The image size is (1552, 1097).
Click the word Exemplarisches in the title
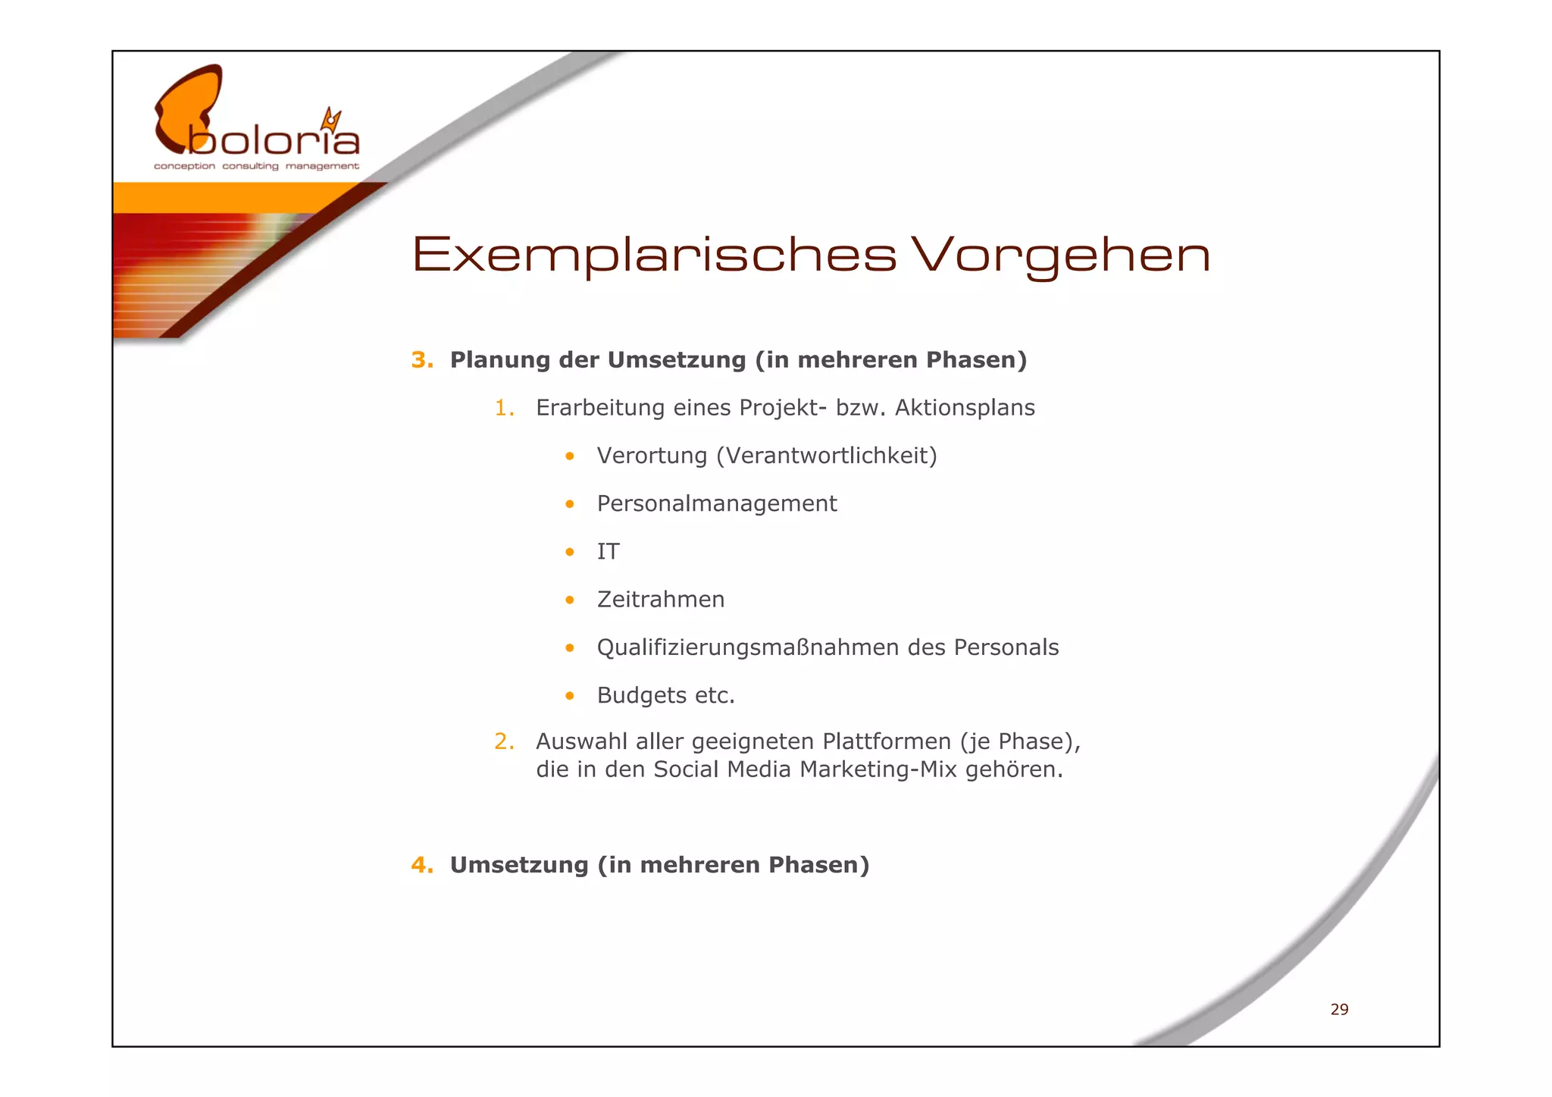click(x=654, y=255)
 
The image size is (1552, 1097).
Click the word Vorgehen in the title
click(x=1060, y=255)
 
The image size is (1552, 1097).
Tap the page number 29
click(x=1339, y=1009)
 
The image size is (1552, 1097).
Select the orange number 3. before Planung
click(x=422, y=360)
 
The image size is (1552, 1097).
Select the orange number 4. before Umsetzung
click(x=422, y=865)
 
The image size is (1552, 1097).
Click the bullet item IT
click(x=608, y=551)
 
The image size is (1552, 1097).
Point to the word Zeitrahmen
click(x=661, y=600)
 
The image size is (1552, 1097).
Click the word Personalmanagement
click(x=717, y=504)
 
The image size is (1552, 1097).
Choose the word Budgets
click(x=641, y=695)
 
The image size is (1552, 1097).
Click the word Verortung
click(x=652, y=456)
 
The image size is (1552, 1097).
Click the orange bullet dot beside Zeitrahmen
click(x=570, y=600)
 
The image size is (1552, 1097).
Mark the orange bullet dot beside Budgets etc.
click(x=570, y=696)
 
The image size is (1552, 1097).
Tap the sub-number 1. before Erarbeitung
click(x=504, y=408)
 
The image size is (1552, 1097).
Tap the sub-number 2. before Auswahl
click(x=504, y=741)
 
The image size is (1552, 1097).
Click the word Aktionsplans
click(x=964, y=408)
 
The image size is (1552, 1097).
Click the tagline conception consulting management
click(x=256, y=166)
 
